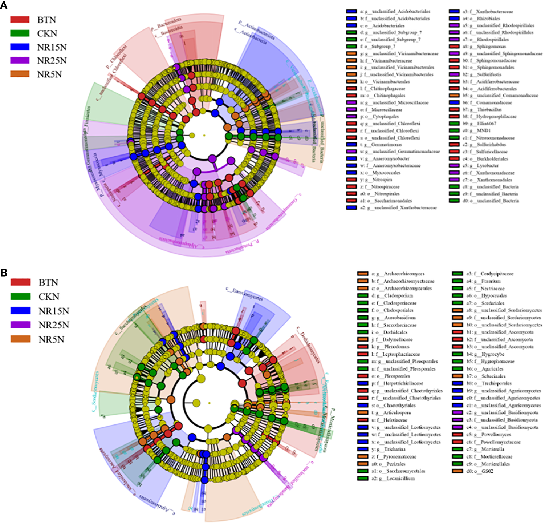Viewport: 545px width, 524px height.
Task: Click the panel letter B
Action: [4, 272]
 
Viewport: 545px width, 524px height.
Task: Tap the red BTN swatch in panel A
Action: [20, 20]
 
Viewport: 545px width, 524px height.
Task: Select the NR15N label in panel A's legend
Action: [52, 47]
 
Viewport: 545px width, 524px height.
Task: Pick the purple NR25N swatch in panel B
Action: [20, 325]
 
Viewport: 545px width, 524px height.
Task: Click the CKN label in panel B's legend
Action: [49, 297]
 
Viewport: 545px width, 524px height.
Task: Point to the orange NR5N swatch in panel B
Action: [20, 339]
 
